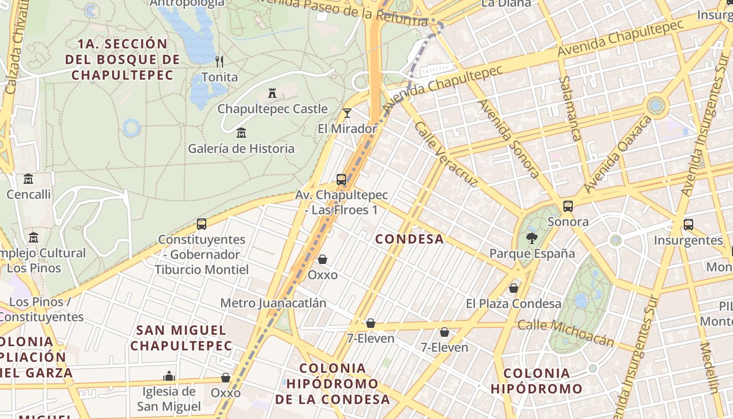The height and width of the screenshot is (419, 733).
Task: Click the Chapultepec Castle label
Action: click(x=272, y=109)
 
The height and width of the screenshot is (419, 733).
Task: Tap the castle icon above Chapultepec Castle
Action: click(x=272, y=94)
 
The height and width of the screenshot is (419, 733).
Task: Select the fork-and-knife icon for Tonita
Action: click(x=219, y=62)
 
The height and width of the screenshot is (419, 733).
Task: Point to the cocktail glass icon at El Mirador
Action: click(x=347, y=113)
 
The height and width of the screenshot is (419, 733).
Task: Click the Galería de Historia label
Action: click(x=241, y=148)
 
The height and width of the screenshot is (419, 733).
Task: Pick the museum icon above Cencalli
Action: click(x=28, y=179)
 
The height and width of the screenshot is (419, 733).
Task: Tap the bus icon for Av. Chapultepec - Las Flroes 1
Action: click(x=341, y=180)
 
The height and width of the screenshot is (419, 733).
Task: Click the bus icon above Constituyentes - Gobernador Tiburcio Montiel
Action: click(x=202, y=224)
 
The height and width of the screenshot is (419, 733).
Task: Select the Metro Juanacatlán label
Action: click(x=273, y=303)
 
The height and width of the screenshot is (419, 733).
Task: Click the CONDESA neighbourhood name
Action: click(x=409, y=239)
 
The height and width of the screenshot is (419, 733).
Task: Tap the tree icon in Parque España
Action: click(x=532, y=239)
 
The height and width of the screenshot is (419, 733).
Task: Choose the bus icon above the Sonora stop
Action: click(x=568, y=206)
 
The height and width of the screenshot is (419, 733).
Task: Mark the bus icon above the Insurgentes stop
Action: click(x=688, y=225)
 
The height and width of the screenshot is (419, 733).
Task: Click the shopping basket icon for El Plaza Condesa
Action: click(x=514, y=288)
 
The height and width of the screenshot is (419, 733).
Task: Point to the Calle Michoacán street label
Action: click(x=565, y=333)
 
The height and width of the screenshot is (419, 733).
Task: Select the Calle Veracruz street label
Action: click(x=446, y=154)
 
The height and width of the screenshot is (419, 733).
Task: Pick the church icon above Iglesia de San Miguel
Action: click(x=169, y=376)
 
